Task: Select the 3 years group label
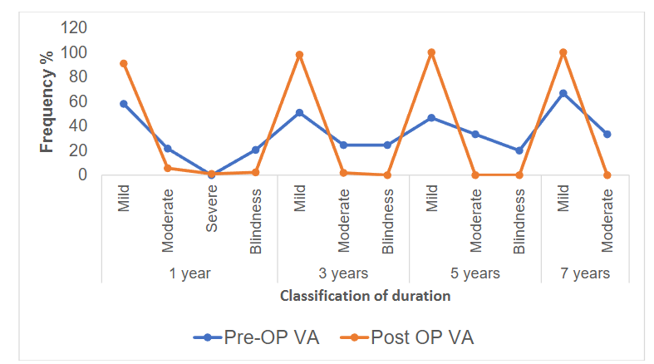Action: point(342,273)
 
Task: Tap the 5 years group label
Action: point(475,273)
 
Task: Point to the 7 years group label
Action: point(585,273)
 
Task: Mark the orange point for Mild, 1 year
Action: point(124,63)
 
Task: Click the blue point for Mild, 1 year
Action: point(124,104)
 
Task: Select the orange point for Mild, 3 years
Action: point(299,55)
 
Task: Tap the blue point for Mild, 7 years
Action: point(563,93)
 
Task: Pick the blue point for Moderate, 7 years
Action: point(607,134)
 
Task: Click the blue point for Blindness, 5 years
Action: point(519,150)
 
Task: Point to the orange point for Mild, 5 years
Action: point(431,52)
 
